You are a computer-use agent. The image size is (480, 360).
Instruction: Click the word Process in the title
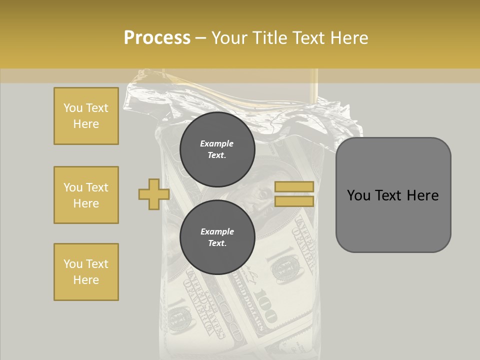pos(157,38)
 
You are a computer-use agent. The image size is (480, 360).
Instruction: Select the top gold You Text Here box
pos(86,116)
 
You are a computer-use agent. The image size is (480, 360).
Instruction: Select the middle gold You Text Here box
pos(86,195)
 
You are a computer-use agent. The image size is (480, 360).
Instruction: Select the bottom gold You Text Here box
pos(86,272)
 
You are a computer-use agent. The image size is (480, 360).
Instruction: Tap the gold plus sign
pos(153,194)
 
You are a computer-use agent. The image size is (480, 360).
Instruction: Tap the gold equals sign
pos(294,194)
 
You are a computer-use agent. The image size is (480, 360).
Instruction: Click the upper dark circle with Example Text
pos(217,149)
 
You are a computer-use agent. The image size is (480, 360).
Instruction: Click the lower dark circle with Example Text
pos(217,237)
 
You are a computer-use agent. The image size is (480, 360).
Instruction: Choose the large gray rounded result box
pos(393,195)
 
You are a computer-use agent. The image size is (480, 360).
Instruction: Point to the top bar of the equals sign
pos(294,187)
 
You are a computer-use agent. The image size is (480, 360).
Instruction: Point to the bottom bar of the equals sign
pos(294,201)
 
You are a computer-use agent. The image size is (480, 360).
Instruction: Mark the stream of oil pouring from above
pos(314,87)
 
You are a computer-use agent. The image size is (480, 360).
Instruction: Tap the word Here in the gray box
pos(422,195)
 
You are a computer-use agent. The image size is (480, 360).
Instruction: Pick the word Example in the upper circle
pos(217,144)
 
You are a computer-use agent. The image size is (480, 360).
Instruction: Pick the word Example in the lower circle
pos(217,232)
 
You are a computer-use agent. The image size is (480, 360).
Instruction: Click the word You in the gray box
pos(358,195)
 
